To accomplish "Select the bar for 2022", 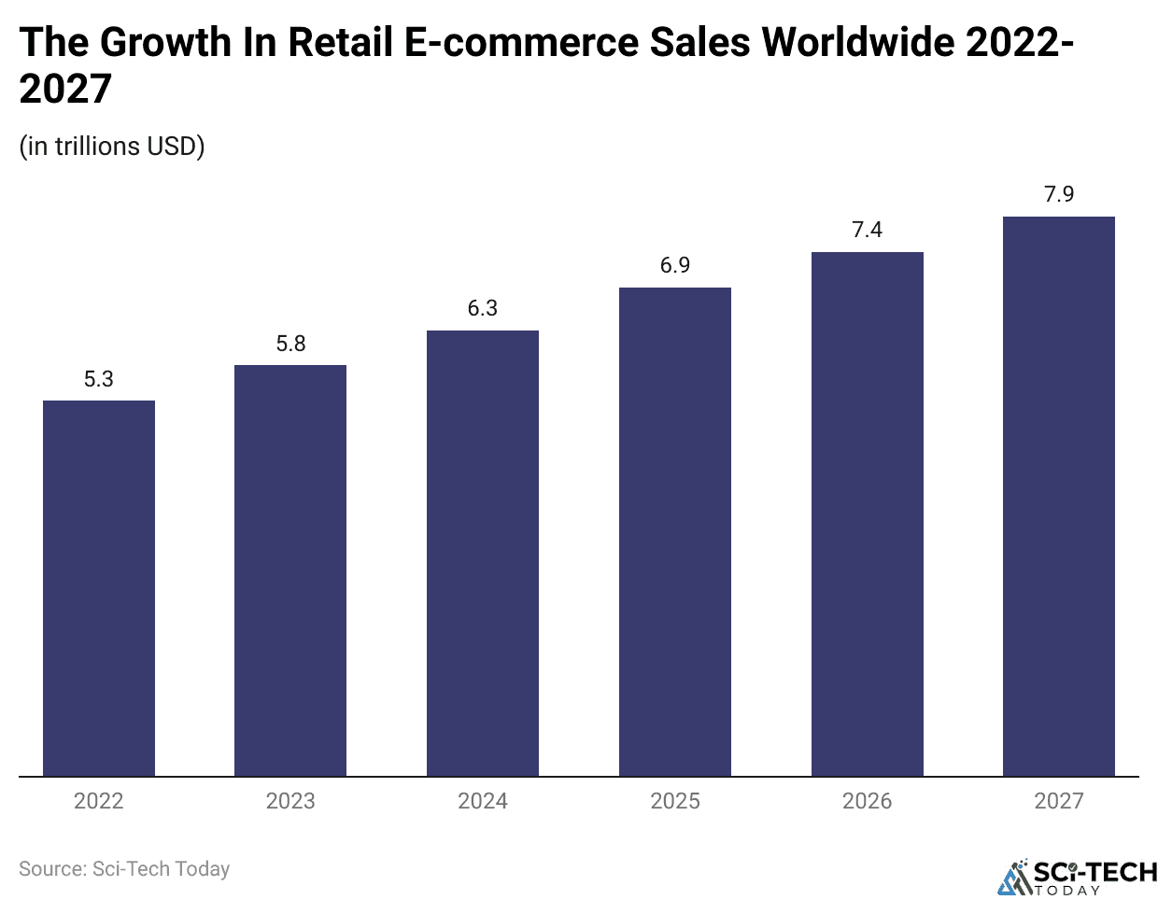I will coord(99,588).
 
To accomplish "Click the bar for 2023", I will coord(290,570).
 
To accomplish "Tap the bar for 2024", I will coord(483,553).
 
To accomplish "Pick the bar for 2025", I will coord(675,531).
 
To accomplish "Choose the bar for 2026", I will coord(868,513).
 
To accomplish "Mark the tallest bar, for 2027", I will coord(1059,496).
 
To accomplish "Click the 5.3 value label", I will coord(99,379).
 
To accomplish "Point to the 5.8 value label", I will coord(290,344).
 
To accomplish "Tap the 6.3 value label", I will coord(483,308).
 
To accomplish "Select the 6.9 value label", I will coord(675,265).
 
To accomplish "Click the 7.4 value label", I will coord(868,230).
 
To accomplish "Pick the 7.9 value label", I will coord(1059,194).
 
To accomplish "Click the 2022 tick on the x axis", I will coord(99,801).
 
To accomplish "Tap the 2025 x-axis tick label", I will coord(675,801).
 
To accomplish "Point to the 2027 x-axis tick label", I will coord(1059,801).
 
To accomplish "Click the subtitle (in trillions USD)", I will coord(112,147).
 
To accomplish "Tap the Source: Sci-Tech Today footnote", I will coord(124,869).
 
